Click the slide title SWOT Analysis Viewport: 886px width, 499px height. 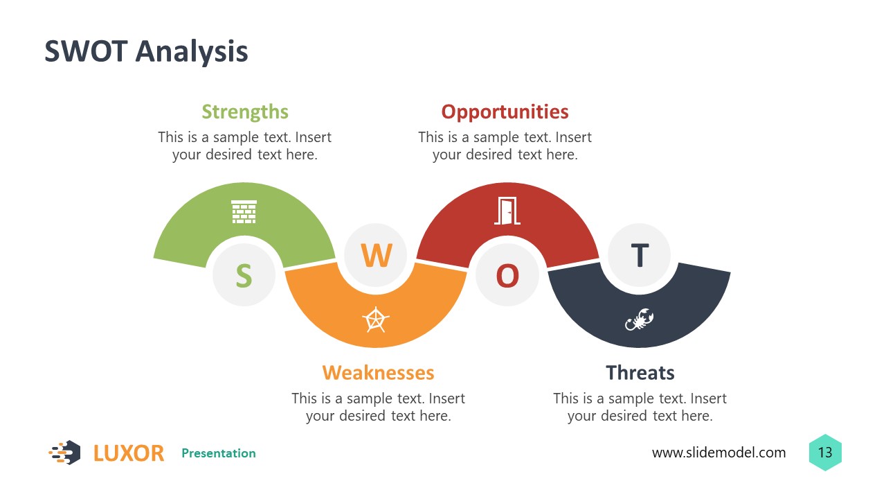[146, 52]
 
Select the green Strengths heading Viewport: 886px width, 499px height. [245, 112]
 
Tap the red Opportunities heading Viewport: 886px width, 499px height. [505, 112]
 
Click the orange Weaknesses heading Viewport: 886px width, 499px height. [378, 373]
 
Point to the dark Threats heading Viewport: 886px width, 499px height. [640, 373]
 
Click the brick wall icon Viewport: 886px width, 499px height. [244, 212]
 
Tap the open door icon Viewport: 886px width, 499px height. [506, 211]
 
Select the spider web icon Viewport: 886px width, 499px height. [376, 319]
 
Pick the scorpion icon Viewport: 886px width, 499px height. [639, 319]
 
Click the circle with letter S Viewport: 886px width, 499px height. [244, 275]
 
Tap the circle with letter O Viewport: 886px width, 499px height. [507, 275]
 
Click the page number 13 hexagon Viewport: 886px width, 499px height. [825, 453]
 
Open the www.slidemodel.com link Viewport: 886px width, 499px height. [718, 453]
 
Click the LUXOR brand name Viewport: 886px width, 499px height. [129, 453]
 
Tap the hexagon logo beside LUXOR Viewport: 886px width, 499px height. [65, 453]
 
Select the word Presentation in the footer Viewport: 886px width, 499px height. [219, 453]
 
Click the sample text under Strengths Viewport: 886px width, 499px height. [244, 146]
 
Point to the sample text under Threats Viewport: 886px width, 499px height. [640, 407]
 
